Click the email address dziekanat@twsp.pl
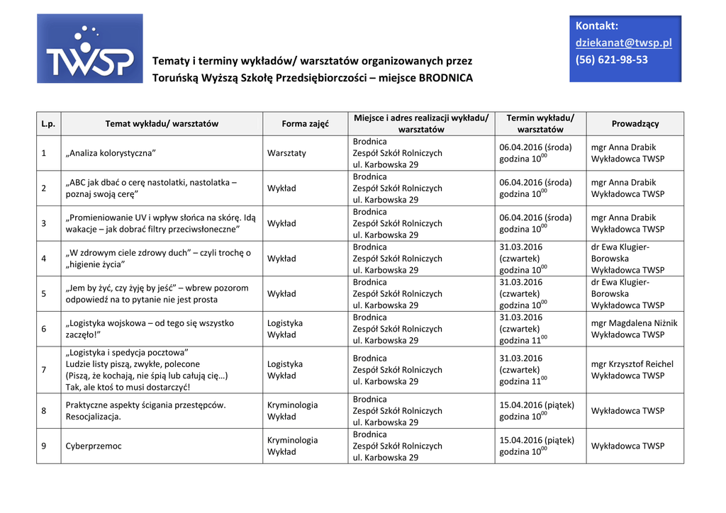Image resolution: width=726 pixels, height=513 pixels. pos(623,43)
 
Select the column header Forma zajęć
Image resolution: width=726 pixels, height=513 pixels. pos(305,123)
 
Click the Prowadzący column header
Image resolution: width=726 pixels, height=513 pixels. pos(635,123)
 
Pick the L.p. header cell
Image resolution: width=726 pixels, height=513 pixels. pos(48,123)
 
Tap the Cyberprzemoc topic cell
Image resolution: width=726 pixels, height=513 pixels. pos(94,446)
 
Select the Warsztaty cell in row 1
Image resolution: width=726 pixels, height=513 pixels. pos(286,153)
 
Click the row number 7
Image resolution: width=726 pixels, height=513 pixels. pos(44,370)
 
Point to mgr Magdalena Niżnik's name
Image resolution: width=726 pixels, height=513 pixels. pos(634,323)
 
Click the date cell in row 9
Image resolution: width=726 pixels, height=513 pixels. pos(537,446)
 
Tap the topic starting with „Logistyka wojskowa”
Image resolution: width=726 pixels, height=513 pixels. pos(150,329)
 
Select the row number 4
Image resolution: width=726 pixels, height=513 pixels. pos(44,259)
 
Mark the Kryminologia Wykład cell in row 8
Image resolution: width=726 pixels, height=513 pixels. pos(292,411)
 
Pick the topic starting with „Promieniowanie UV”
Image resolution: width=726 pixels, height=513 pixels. pos(160,223)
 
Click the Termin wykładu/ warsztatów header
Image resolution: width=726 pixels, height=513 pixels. pos(540,123)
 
